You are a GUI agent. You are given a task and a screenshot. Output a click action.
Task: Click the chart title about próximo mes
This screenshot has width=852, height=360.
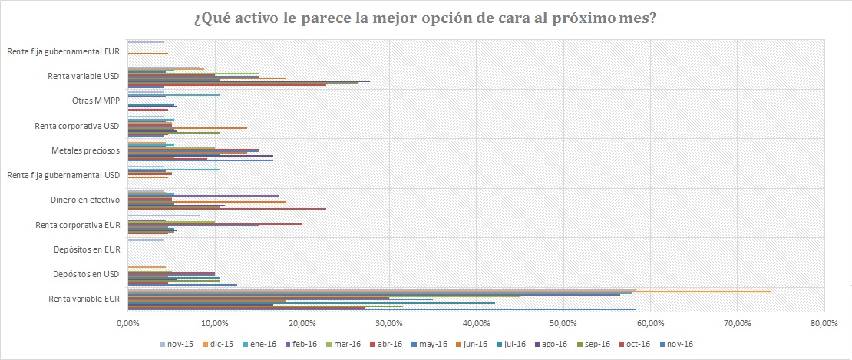pos(425,18)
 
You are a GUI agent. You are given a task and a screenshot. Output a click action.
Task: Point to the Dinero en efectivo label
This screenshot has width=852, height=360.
pos(86,200)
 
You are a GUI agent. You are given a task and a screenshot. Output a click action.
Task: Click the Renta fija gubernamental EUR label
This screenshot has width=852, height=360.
pos(64,52)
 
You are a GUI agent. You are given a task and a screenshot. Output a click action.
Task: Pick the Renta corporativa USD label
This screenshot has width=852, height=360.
pos(77,126)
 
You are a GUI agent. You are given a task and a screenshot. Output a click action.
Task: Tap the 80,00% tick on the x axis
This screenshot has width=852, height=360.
pos(824,324)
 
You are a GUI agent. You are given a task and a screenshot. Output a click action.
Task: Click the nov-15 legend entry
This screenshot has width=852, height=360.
pos(180,344)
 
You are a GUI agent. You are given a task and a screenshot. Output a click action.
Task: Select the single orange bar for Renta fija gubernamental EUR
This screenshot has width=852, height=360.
pos(147,54)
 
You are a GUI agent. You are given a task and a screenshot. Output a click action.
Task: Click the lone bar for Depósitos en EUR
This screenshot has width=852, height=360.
pos(146,240)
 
